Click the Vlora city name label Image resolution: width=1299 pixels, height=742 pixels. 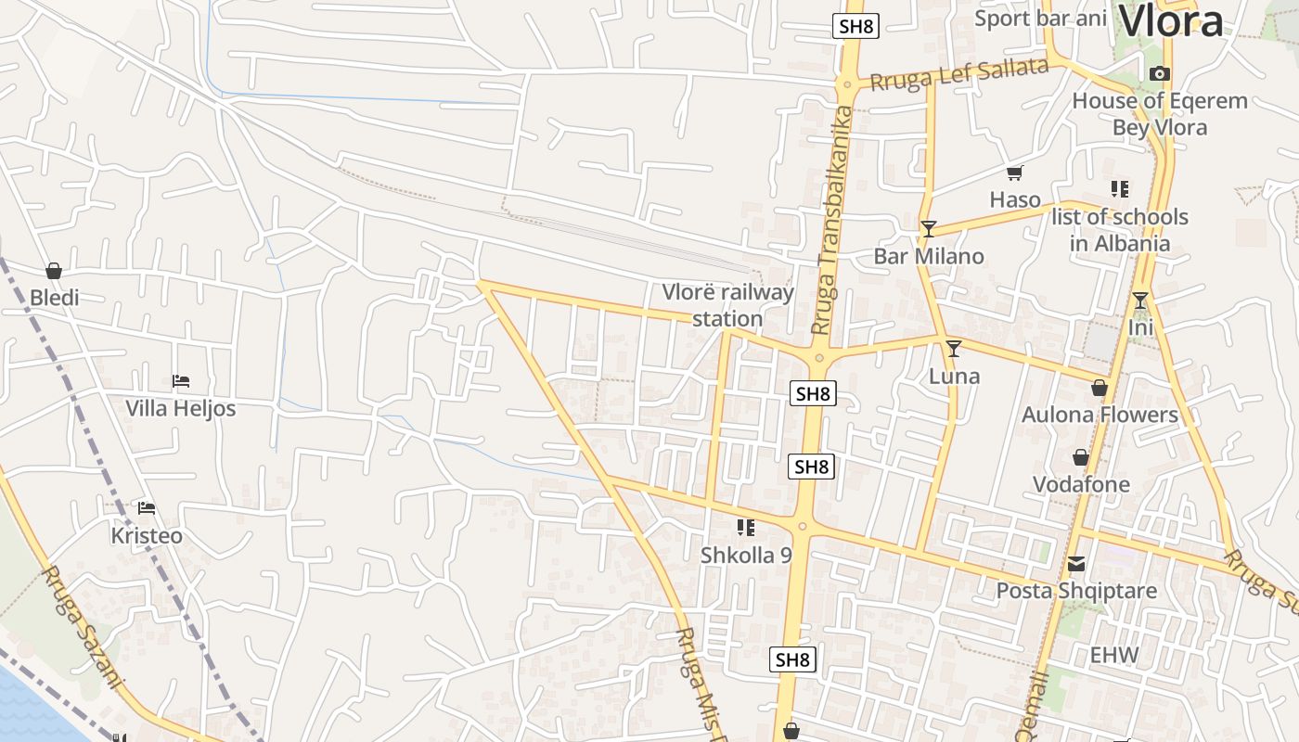click(x=1171, y=20)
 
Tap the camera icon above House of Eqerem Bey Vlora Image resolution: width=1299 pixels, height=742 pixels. click(x=1159, y=74)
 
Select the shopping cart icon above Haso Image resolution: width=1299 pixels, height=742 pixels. click(x=1014, y=173)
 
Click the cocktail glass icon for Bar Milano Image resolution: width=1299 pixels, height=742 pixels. click(x=928, y=228)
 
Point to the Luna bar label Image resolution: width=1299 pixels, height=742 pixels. click(x=954, y=377)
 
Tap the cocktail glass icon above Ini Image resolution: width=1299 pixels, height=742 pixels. click(x=1139, y=301)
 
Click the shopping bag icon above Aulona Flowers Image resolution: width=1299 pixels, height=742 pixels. click(x=1100, y=388)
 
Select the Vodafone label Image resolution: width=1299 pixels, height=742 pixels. click(x=1081, y=484)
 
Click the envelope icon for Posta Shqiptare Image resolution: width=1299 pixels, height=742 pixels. click(x=1076, y=564)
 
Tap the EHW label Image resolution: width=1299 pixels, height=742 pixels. click(x=1113, y=656)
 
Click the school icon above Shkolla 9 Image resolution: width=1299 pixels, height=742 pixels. click(x=745, y=528)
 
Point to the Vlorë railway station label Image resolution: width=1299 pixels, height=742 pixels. click(x=728, y=306)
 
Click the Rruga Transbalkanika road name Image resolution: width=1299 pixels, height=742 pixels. click(x=830, y=221)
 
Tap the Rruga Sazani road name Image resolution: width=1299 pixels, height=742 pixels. click(x=82, y=627)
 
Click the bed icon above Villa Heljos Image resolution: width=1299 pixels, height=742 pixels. click(x=181, y=381)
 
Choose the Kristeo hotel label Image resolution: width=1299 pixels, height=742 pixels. click(x=147, y=536)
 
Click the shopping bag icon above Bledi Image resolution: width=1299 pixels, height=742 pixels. click(x=54, y=271)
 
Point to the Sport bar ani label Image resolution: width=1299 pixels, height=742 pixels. click(x=1041, y=19)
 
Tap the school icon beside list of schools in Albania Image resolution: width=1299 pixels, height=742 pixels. click(x=1120, y=189)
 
